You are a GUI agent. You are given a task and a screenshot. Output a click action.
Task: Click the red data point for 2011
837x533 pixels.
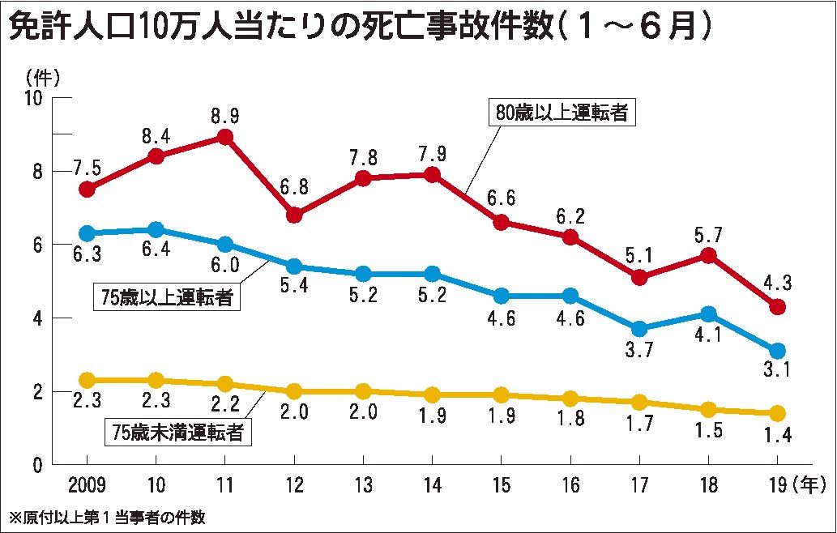226,137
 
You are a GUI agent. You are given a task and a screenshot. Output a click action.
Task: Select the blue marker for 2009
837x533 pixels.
87,233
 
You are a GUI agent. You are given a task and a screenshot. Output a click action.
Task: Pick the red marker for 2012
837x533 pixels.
295,215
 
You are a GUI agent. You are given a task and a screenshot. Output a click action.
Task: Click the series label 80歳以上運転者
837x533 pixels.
562,113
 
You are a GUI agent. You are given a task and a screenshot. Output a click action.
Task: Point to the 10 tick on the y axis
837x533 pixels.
33,97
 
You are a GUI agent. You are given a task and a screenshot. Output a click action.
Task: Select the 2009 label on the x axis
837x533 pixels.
87,485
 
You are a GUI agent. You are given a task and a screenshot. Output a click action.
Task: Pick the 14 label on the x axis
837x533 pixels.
433,485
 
